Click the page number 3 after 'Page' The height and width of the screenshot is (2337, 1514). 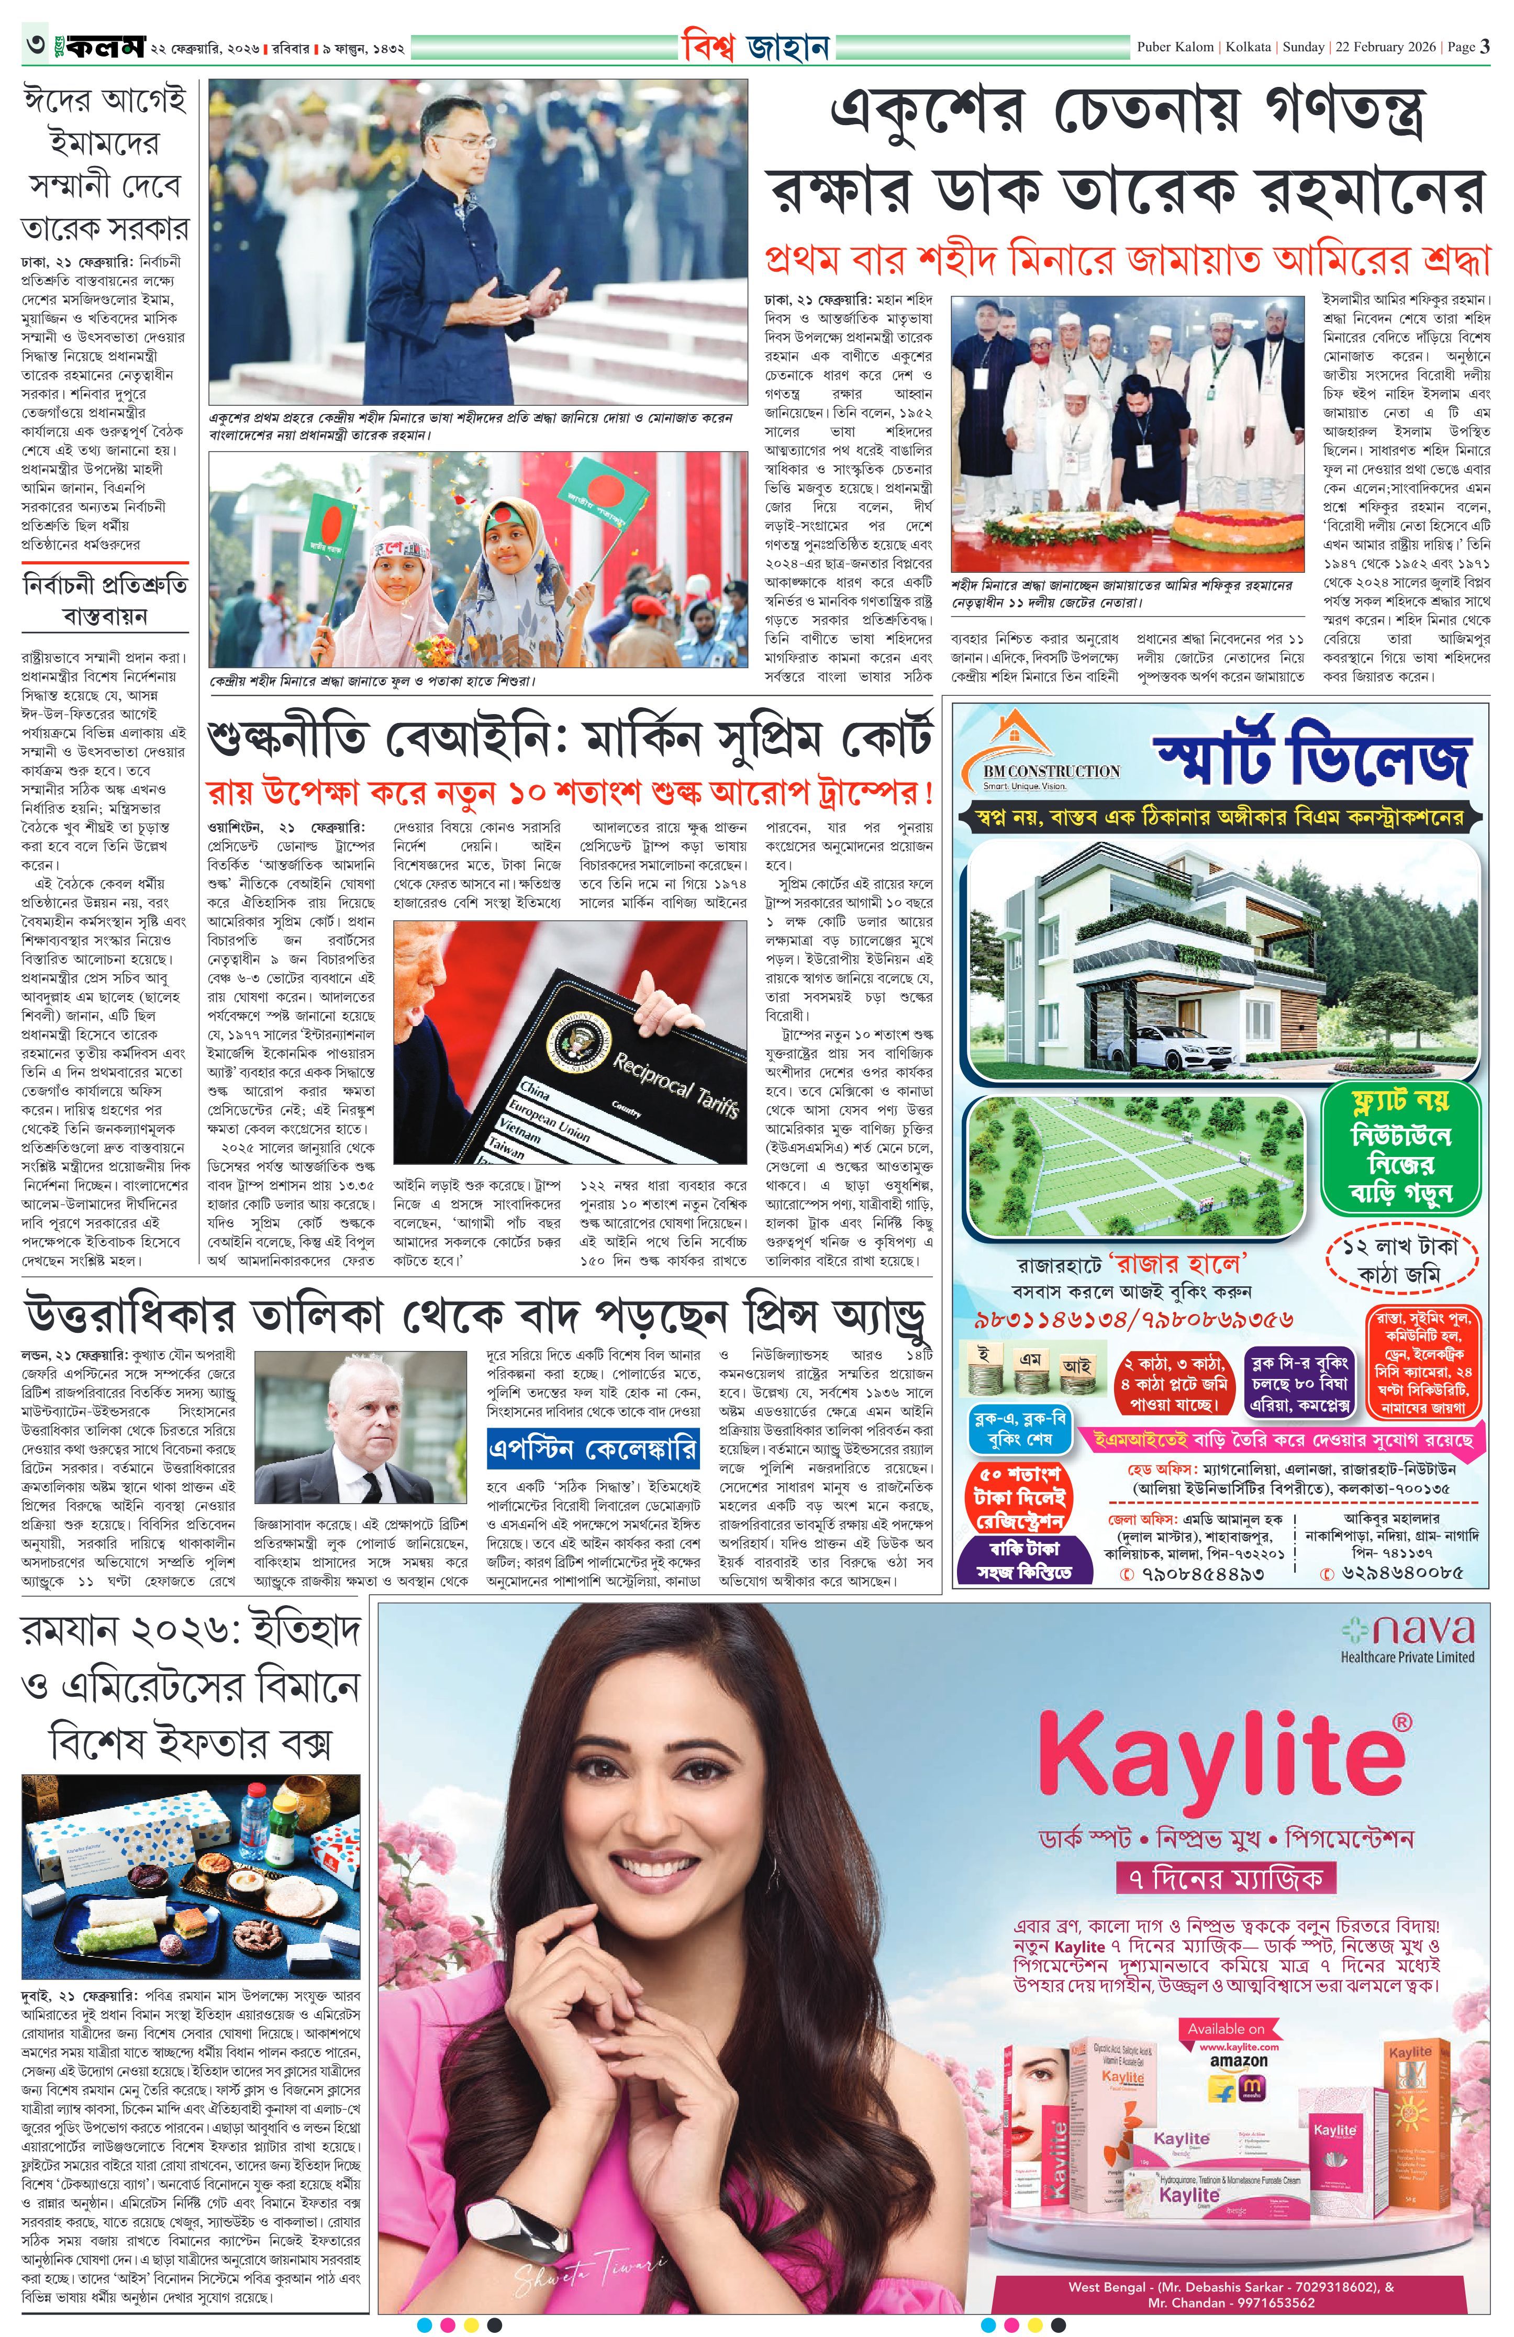coord(1485,46)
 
